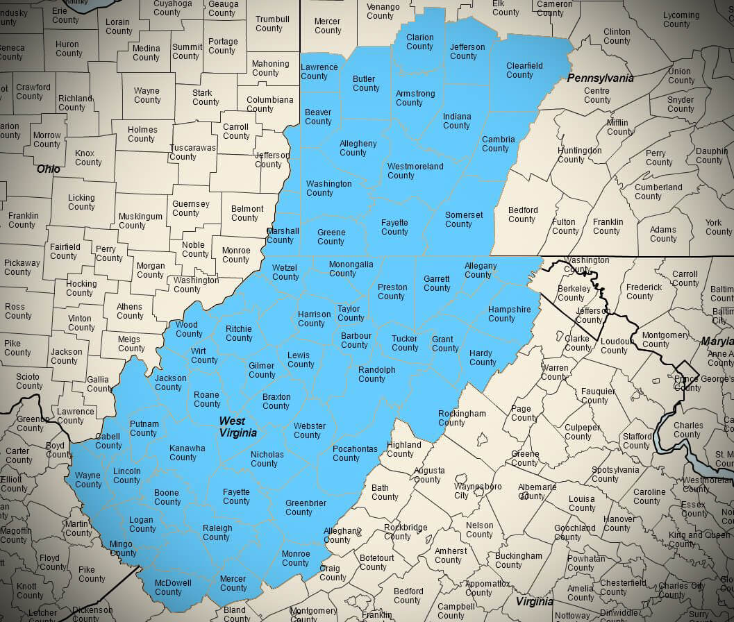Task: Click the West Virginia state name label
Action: (x=237, y=427)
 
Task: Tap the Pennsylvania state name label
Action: (x=600, y=78)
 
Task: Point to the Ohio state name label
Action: (x=49, y=169)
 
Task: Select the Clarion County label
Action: (x=419, y=42)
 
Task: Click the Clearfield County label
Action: (x=524, y=70)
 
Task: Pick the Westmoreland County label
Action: (x=415, y=171)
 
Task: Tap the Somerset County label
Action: (x=463, y=219)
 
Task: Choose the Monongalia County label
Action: (x=351, y=269)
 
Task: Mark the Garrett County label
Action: (x=437, y=283)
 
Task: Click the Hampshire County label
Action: (x=509, y=314)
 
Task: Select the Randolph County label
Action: (x=376, y=374)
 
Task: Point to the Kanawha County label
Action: (x=187, y=453)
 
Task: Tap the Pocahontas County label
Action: (x=355, y=453)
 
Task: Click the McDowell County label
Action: (x=173, y=587)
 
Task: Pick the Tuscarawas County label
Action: (x=192, y=152)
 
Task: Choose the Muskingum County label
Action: (x=140, y=221)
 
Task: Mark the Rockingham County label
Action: (x=462, y=418)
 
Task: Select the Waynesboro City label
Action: (x=478, y=491)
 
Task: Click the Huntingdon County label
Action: (x=579, y=155)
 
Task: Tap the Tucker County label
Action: (x=405, y=343)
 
